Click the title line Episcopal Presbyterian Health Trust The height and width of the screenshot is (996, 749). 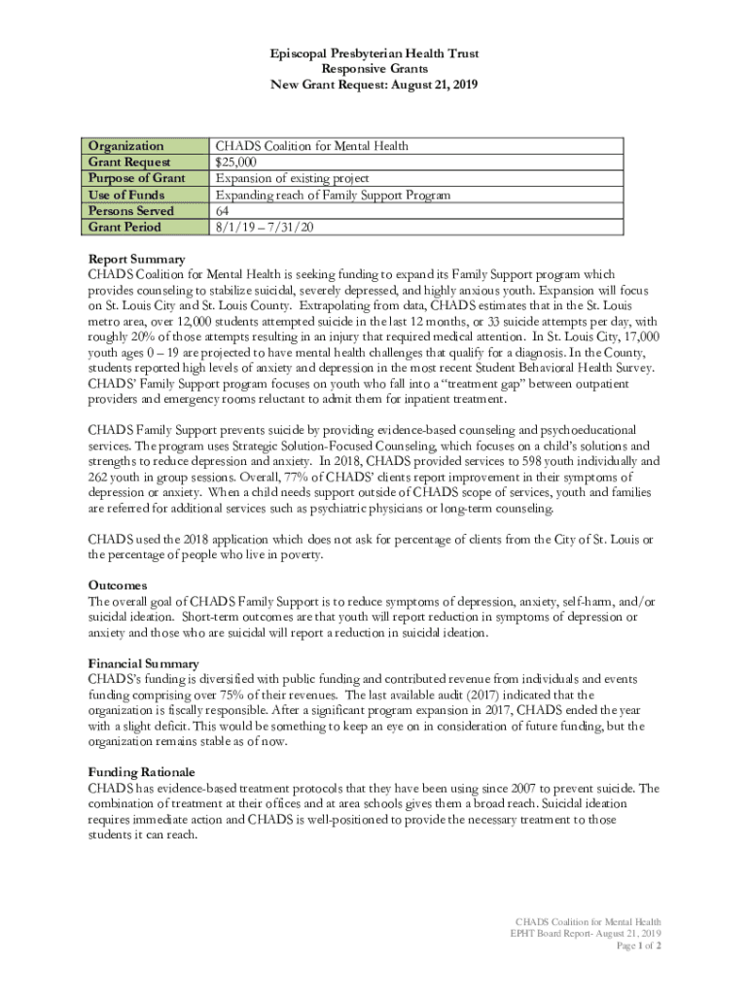pyautogui.click(x=374, y=53)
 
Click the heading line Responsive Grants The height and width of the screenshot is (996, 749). pyautogui.click(x=374, y=69)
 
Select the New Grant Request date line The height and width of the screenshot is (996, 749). pyautogui.click(x=374, y=86)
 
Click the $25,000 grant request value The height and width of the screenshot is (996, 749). pyautogui.click(x=236, y=162)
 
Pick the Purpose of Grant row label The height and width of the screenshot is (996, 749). pyautogui.click(x=137, y=178)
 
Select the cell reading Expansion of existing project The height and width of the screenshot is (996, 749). pyautogui.click(x=292, y=178)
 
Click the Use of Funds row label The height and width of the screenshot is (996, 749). pyautogui.click(x=128, y=195)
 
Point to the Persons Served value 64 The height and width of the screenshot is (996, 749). pyautogui.click(x=223, y=211)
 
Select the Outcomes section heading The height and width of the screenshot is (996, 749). pyautogui.click(x=118, y=586)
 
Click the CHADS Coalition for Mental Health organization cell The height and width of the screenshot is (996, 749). pyautogui.click(x=311, y=146)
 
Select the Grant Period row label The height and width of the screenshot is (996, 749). pyautogui.click(x=125, y=227)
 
